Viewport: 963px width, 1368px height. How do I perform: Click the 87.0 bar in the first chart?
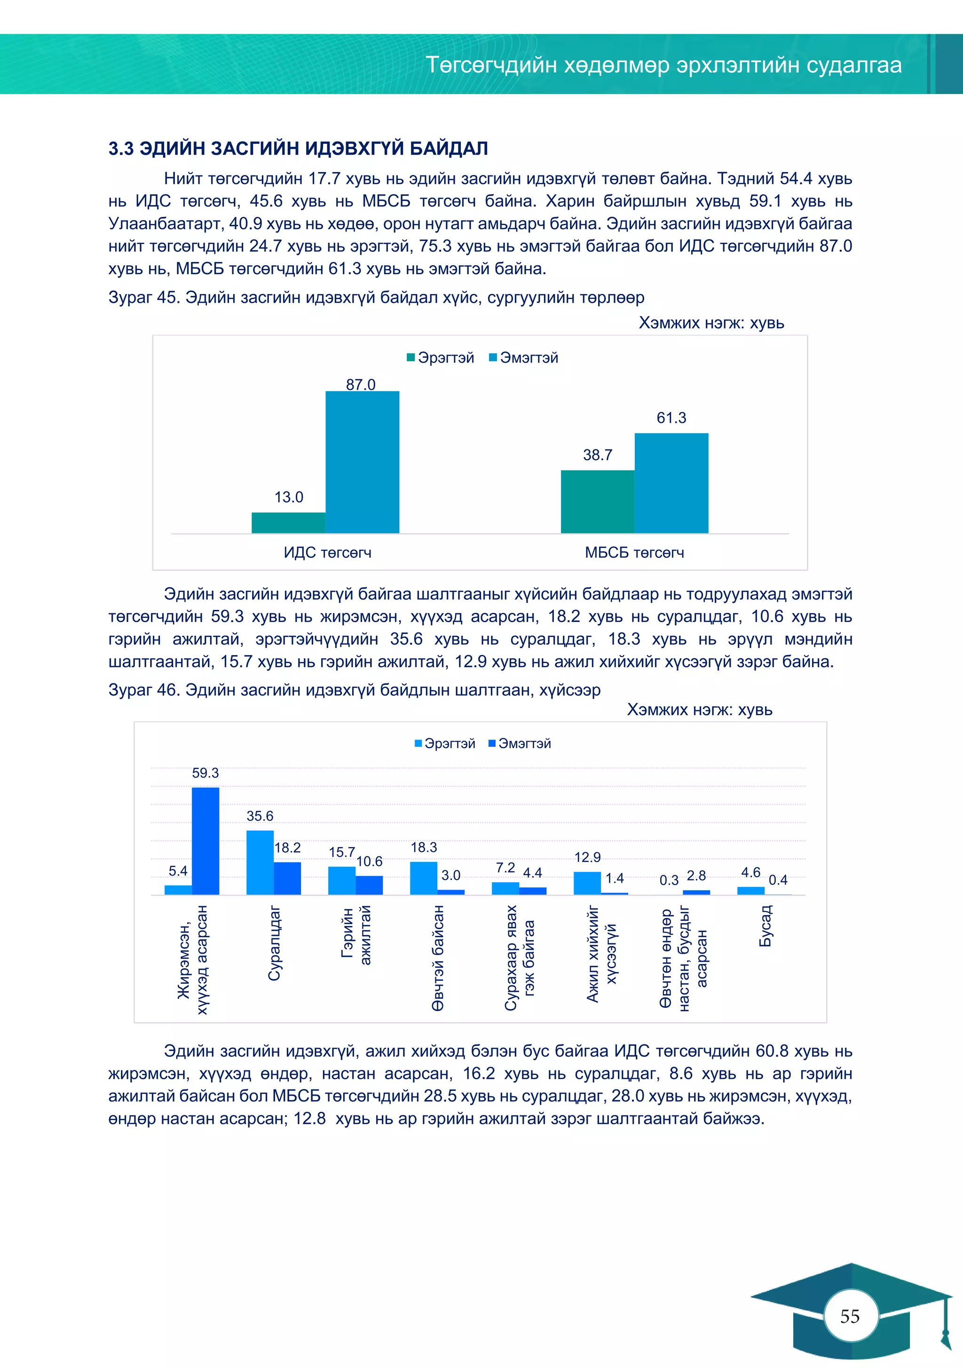[x=363, y=462]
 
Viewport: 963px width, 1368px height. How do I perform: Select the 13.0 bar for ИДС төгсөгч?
[x=288, y=522]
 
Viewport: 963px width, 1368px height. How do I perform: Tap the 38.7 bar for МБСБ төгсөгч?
[x=597, y=501]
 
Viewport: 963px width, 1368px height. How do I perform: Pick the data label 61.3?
[x=671, y=418]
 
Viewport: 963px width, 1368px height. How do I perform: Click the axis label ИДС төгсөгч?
[x=327, y=553]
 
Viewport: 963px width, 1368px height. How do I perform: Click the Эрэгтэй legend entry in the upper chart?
[x=441, y=357]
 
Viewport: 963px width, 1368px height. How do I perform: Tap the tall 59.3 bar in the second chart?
[x=205, y=841]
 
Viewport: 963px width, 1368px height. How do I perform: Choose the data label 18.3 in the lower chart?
[x=423, y=847]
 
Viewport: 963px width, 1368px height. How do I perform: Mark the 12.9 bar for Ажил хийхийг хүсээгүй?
[x=587, y=883]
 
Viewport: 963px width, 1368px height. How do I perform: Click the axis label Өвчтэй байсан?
[x=438, y=958]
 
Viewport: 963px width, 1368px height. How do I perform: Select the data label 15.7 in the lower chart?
[x=341, y=853]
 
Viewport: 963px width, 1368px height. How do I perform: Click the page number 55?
[x=850, y=1316]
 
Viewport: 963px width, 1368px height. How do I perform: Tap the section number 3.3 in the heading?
[x=121, y=148]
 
